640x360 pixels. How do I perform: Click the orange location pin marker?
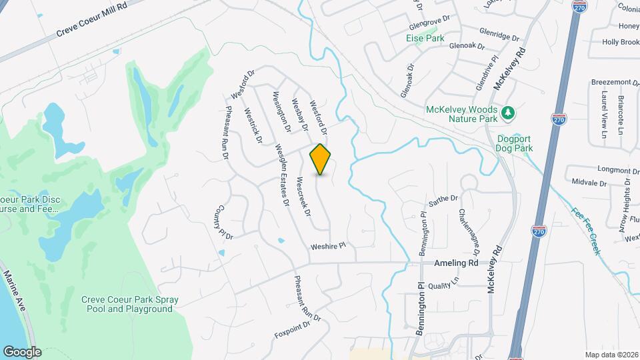tap(321, 159)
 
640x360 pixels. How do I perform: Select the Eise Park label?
tap(425, 39)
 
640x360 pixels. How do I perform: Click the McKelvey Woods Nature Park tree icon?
tap(508, 113)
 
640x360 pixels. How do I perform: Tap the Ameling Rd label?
tap(457, 263)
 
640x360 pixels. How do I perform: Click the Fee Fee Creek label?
tap(586, 231)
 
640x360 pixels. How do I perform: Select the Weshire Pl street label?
tap(329, 246)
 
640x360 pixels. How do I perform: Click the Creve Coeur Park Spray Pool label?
tap(127, 304)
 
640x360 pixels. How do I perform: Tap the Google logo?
tap(21, 352)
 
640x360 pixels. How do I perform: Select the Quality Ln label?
tap(444, 285)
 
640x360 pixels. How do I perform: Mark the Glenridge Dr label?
tap(499, 34)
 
